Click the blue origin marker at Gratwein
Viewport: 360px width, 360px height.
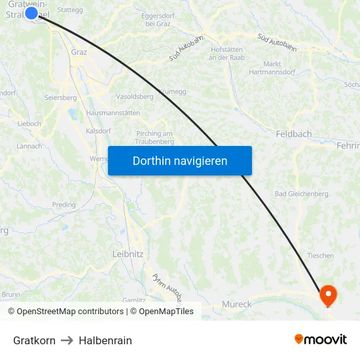click(31, 12)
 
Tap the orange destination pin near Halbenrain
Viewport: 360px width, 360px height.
click(327, 295)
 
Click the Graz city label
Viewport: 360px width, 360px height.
click(79, 53)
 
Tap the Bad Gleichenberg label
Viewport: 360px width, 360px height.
click(301, 194)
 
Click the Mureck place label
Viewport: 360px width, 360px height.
click(237, 304)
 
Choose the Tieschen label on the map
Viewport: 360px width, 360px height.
click(320, 256)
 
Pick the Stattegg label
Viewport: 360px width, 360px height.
click(70, 10)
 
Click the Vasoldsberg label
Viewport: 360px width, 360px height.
click(134, 96)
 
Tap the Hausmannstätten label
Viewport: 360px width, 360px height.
click(113, 113)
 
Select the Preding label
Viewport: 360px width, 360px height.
click(64, 205)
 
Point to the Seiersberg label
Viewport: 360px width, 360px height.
click(60, 98)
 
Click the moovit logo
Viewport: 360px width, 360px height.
click(321, 340)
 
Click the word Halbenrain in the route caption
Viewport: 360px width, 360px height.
click(105, 340)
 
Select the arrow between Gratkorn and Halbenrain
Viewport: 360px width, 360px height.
click(67, 340)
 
